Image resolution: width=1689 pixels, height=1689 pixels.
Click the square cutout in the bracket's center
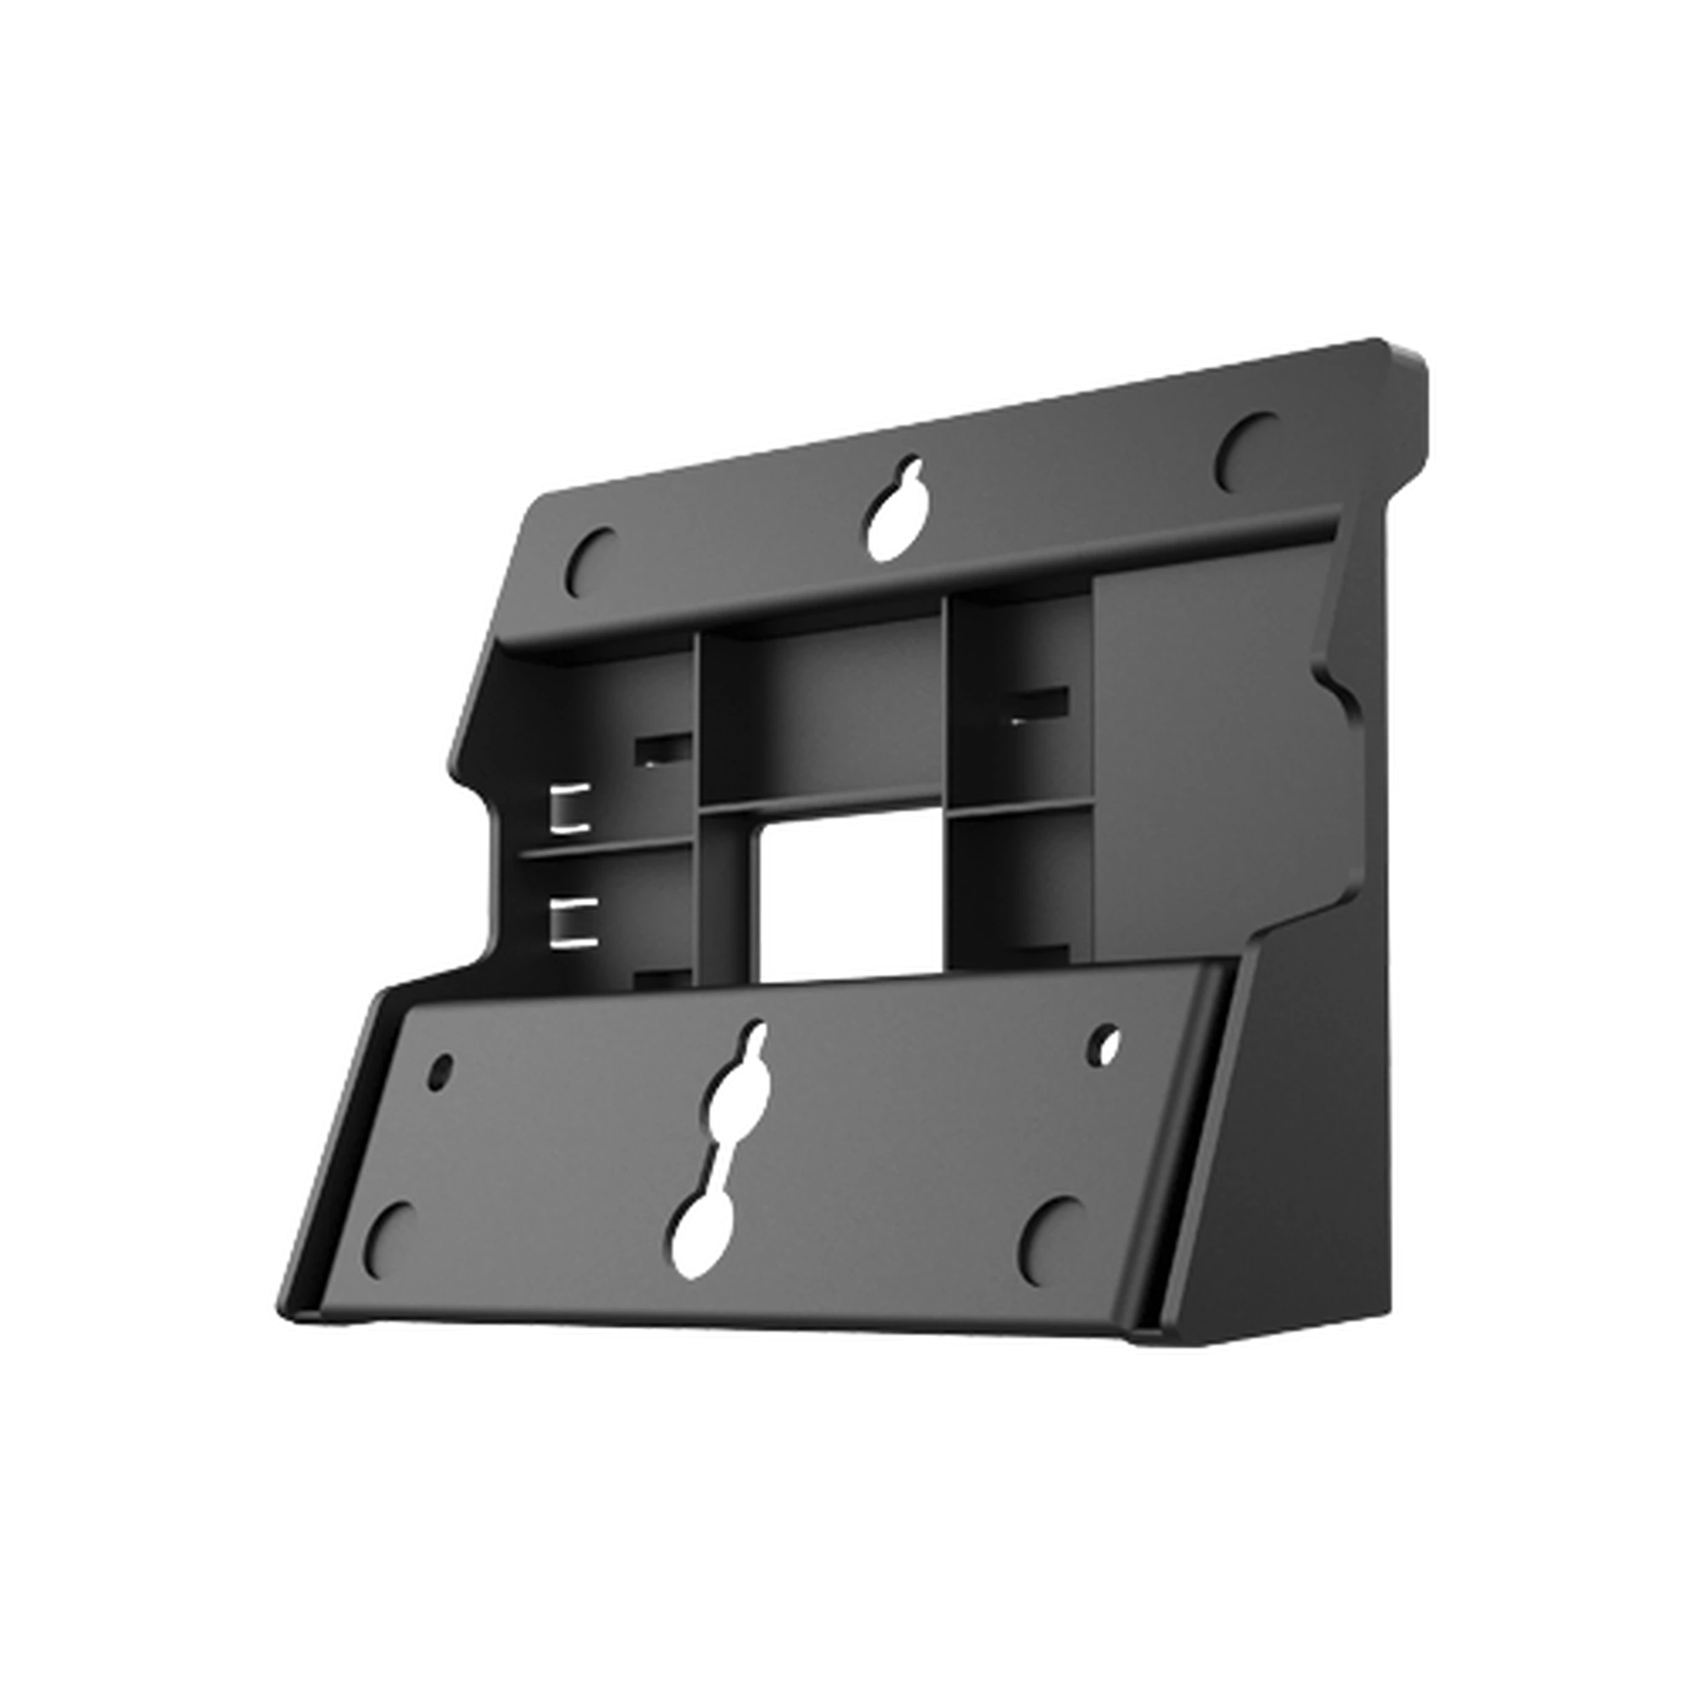coord(844,900)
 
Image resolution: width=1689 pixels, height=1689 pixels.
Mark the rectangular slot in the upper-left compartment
coord(663,748)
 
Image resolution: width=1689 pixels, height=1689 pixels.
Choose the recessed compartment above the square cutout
coord(822,713)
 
